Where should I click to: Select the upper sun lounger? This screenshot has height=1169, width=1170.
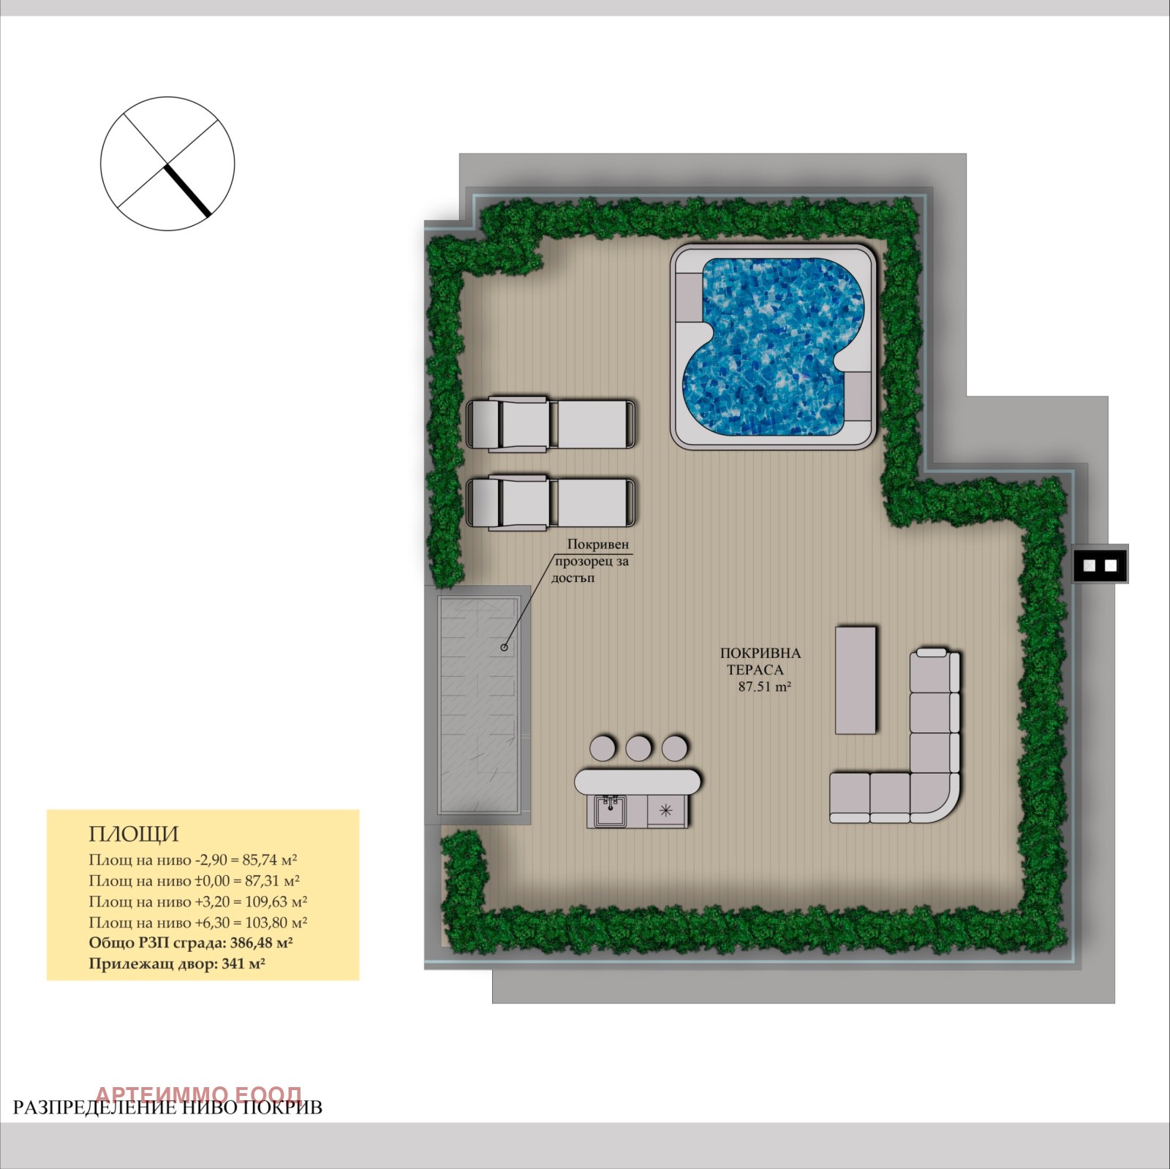[551, 423]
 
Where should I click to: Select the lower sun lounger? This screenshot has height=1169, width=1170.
[551, 502]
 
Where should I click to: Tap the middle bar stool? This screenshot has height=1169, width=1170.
[638, 748]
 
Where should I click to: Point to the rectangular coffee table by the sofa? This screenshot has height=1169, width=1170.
[856, 679]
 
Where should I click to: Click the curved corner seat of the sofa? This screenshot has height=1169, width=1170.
[935, 797]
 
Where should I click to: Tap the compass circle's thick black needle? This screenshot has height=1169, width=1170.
[188, 191]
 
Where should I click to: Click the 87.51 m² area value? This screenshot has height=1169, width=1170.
[765, 687]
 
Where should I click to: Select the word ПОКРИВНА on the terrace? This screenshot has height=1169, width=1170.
[760, 654]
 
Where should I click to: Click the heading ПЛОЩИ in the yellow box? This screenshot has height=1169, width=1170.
[134, 834]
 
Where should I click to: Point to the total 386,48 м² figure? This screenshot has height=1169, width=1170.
[261, 943]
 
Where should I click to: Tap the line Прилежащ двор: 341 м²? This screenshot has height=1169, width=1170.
[177, 964]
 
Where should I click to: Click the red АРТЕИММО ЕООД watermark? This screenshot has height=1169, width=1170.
[198, 1094]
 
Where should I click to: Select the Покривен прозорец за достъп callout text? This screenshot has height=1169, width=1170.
[591, 561]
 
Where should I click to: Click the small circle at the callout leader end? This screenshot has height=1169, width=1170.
[504, 647]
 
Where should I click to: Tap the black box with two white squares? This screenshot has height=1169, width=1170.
[1101, 564]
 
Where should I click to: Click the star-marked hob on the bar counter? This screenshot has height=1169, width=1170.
[665, 810]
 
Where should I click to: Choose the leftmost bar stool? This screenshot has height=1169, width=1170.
[603, 748]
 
